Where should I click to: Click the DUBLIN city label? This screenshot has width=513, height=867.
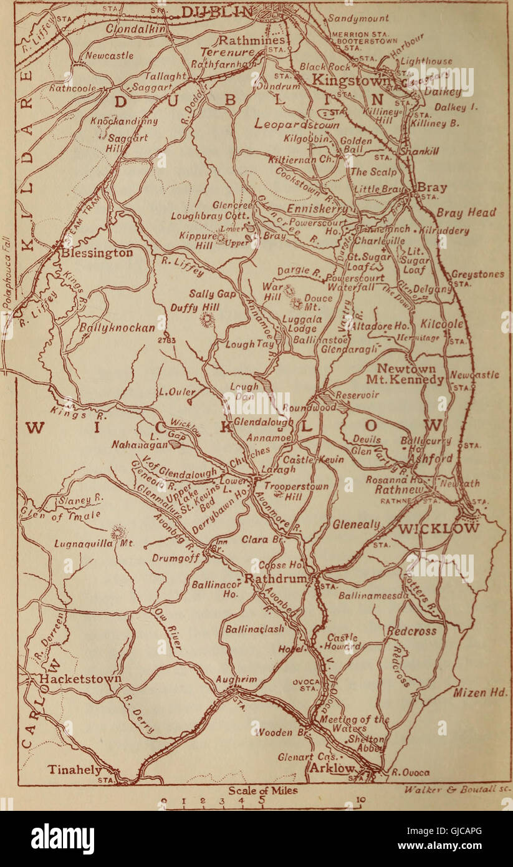[218, 12]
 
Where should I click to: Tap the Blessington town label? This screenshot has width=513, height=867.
[97, 253]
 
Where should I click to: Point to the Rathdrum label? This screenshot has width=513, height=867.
[276, 579]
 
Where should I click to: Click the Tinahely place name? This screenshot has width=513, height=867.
[75, 770]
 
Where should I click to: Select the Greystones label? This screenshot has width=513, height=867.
[477, 274]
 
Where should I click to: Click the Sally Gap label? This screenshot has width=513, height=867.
[211, 294]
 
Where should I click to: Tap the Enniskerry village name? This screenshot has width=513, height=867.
[319, 208]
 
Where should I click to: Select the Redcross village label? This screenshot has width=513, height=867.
[412, 631]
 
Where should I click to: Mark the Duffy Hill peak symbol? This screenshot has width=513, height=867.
[207, 320]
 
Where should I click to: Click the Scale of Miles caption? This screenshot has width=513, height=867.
[262, 790]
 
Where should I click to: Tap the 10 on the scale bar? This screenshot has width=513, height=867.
[360, 800]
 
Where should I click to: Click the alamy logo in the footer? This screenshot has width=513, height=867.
[62, 839]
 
